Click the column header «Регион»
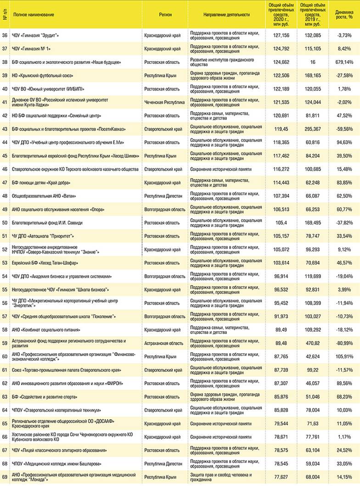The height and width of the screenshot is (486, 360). click(x=165, y=15)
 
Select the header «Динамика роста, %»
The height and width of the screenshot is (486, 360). click(x=344, y=15)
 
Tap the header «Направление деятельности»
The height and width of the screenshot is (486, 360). click(x=227, y=15)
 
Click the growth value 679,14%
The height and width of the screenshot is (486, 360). click(x=344, y=62)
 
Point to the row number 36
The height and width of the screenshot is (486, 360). click(x=5, y=35)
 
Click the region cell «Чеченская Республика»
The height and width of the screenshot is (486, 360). click(x=164, y=102)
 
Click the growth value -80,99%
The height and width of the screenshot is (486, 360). click(x=344, y=343)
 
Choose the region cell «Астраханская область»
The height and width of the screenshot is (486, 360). click(x=164, y=343)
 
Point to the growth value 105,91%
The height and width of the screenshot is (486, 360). click(x=344, y=356)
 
